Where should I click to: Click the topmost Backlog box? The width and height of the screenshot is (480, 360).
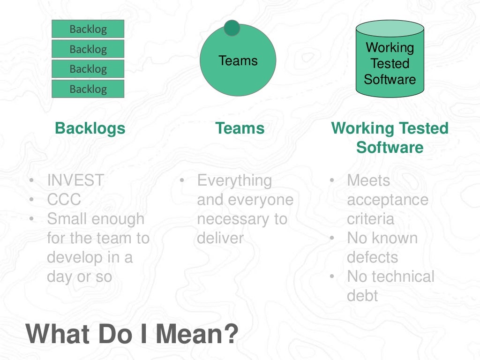(88, 29)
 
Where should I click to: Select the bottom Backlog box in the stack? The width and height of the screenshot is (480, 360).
(88, 89)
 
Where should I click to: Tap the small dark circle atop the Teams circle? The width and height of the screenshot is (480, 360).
(232, 28)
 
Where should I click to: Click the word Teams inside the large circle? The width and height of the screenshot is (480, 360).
(238, 61)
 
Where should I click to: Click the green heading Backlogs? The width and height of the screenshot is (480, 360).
(90, 128)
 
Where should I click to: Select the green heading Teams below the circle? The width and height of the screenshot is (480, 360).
(240, 128)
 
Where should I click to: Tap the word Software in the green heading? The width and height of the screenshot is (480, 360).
(390, 147)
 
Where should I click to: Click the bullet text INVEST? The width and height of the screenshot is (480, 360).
(75, 180)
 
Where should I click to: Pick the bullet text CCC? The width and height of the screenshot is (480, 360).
(64, 200)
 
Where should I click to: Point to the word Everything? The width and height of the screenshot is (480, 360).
(234, 180)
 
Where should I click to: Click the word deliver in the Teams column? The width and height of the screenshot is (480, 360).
(220, 238)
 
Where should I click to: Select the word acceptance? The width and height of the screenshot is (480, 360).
(388, 200)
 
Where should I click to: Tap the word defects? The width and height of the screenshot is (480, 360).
(372, 257)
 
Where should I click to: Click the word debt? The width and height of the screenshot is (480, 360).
(362, 296)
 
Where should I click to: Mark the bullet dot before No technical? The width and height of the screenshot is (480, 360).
(332, 277)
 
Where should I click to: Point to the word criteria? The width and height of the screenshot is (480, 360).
(370, 219)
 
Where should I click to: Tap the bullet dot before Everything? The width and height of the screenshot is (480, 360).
(182, 180)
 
